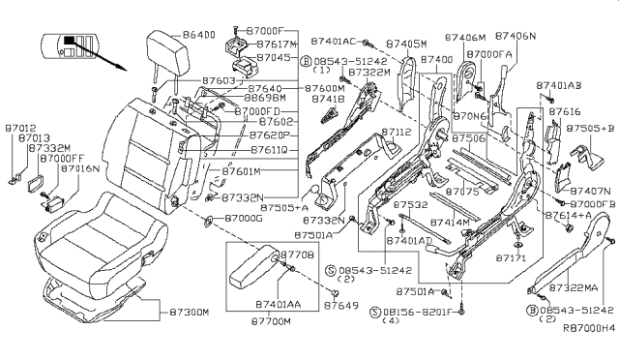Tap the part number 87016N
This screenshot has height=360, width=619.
(82, 167)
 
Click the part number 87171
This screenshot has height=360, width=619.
(512, 259)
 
